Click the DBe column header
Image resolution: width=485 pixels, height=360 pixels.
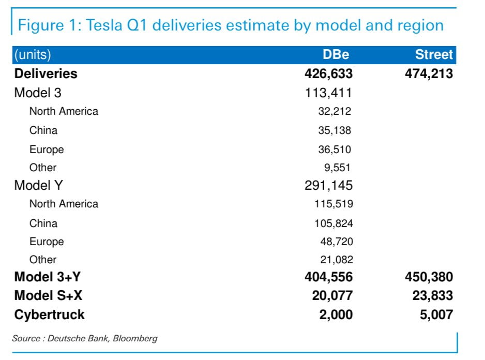tap(336, 55)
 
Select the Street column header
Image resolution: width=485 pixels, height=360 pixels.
tap(434, 55)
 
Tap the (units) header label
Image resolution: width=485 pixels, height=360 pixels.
tap(33, 55)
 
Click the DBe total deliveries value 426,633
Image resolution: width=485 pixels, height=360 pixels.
tap(329, 73)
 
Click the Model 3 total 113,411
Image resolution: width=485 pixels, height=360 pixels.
tap(329, 93)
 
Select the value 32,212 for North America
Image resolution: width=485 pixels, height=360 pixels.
tap(335, 111)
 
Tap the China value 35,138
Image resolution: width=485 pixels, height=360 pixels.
tap(335, 130)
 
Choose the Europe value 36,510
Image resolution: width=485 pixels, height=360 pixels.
tap(335, 149)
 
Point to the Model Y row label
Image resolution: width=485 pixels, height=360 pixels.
tap(38, 185)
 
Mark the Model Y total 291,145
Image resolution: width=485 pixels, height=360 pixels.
tap(329, 185)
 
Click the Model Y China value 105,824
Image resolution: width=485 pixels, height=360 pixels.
tap(334, 223)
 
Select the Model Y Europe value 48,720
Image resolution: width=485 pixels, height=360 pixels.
tap(337, 242)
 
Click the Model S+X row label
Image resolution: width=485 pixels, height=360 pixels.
tap(48, 295)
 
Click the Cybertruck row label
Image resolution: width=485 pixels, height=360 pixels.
tap(50, 314)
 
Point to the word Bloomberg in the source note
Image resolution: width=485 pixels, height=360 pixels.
tap(136, 339)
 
